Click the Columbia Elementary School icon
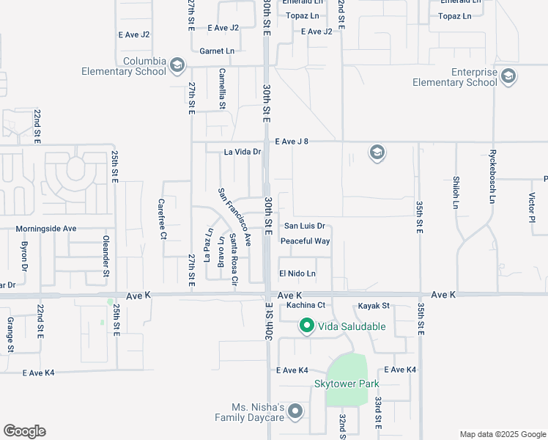[177, 66]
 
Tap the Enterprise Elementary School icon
[507, 75]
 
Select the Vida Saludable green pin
[306, 326]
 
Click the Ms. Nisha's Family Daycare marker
[295, 411]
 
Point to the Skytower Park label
[347, 384]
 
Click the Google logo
[24, 431]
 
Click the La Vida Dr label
[242, 152]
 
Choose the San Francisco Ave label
[234, 217]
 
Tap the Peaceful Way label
[306, 241]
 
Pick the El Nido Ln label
[297, 274]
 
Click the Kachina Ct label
[306, 305]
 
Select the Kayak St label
[374, 305]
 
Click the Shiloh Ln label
[456, 194]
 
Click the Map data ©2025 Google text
[503, 434]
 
